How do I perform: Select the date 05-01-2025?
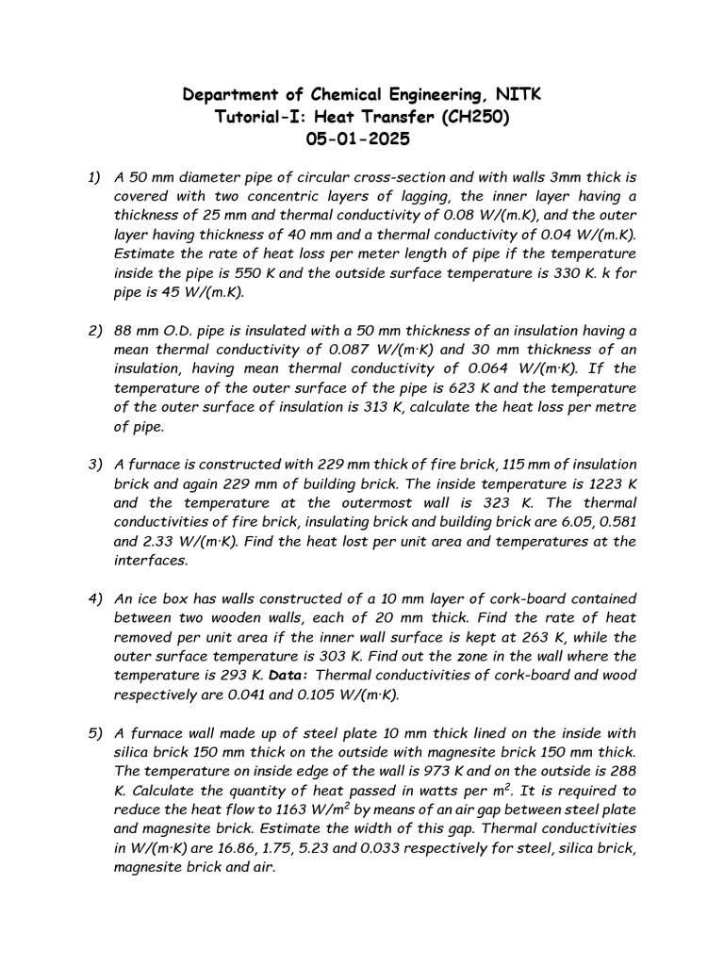click(x=361, y=139)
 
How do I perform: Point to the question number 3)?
click(x=94, y=465)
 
